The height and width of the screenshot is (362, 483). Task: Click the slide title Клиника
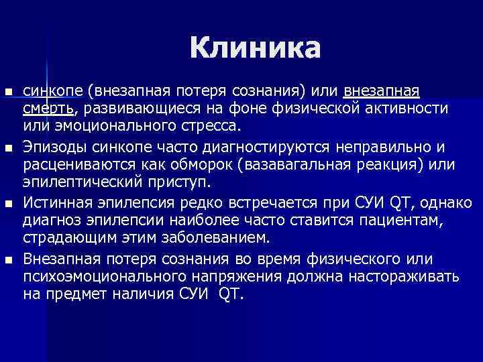[x=255, y=48]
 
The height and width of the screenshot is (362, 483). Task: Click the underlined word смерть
[x=48, y=109]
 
